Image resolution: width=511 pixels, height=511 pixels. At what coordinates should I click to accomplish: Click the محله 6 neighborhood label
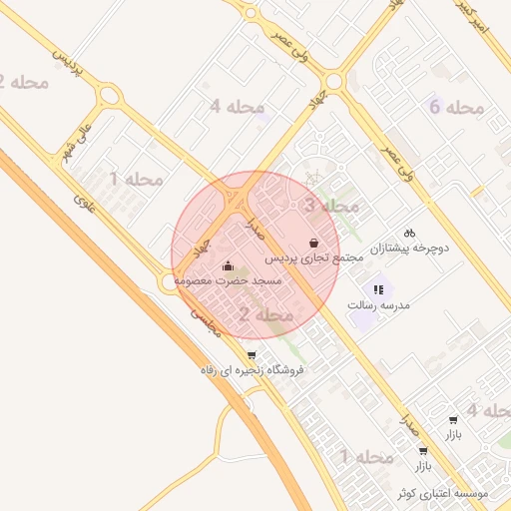[x=456, y=106]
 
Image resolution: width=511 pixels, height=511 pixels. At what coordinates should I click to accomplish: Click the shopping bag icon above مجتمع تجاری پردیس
[x=315, y=242]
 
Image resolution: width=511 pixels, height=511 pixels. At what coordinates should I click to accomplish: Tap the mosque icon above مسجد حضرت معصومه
[x=229, y=265]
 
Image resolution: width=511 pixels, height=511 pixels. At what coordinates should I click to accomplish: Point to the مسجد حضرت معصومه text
[x=229, y=282]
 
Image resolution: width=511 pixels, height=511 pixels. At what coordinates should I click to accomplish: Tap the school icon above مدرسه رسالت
[x=378, y=288]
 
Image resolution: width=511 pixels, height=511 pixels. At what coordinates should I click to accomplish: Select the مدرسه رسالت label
[x=379, y=304]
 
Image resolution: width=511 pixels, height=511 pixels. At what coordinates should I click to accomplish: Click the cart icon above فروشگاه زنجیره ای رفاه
[x=251, y=354]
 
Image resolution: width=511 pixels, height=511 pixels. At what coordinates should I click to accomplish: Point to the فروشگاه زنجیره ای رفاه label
[x=252, y=370]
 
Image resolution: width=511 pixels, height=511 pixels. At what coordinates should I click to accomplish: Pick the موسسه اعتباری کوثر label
[x=442, y=494]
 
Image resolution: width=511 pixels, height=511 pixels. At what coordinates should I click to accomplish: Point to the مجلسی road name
[x=205, y=319]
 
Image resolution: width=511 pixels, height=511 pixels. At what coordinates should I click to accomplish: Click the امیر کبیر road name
[x=488, y=17]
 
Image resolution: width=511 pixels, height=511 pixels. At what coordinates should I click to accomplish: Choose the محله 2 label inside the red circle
[x=266, y=315]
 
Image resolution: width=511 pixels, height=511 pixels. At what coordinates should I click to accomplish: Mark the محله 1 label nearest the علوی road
[x=136, y=180]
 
